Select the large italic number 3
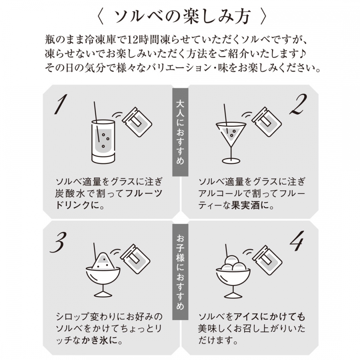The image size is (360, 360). pos(58,242)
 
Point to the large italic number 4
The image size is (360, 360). pos(297,241)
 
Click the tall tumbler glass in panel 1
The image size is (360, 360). pos(103,142)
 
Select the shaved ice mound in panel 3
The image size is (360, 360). pos(103,260)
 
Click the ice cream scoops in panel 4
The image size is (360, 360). pos(232,263)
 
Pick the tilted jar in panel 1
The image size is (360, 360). pos(137,122)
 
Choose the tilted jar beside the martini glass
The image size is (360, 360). pos(266,122)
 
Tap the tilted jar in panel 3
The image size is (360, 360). pos(136,259)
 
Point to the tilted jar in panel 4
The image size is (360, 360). pos(268,260)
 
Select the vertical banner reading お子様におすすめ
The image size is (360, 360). pos(180,272)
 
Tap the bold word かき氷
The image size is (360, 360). pos(94,340)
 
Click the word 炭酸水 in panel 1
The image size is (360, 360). pos(69,194)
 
